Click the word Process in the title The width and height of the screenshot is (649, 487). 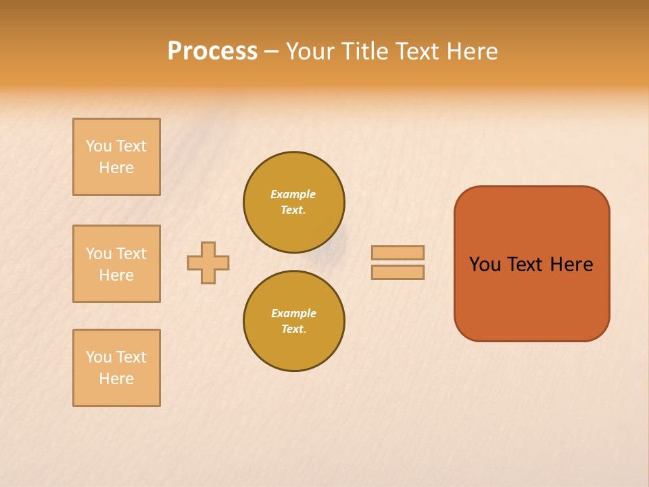[212, 51]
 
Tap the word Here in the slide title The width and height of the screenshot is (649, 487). [471, 51]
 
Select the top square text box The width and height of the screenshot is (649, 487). [116, 157]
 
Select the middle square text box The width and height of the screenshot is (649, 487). [116, 264]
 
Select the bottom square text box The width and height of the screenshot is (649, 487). [116, 368]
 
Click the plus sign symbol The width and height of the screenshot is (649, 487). [208, 262]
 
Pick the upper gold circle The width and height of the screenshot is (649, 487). [294, 202]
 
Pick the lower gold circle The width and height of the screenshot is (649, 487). [294, 321]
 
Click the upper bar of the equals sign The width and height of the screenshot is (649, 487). [398, 252]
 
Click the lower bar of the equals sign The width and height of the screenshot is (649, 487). [398, 272]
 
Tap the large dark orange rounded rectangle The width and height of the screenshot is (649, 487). [531, 298]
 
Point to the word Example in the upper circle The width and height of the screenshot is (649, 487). [293, 194]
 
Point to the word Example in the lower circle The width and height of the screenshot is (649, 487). [293, 313]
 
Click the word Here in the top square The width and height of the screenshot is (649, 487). [116, 168]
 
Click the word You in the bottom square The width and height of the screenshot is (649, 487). [99, 357]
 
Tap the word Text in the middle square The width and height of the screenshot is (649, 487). [131, 254]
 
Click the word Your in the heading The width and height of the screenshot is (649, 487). [310, 51]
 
